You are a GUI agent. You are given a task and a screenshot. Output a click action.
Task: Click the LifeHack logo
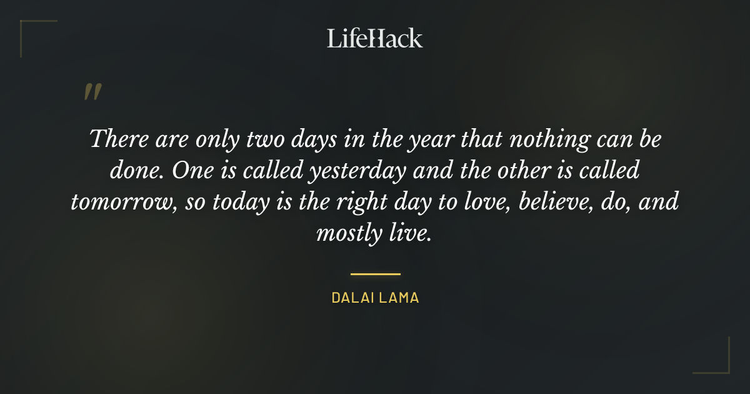[375, 38]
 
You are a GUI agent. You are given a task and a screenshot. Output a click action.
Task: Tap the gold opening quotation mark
[92, 92]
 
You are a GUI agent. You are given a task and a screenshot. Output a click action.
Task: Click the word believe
[548, 201]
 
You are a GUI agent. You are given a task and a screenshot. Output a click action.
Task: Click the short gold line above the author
[375, 274]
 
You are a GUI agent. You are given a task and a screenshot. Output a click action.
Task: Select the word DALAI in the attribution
[352, 298]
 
